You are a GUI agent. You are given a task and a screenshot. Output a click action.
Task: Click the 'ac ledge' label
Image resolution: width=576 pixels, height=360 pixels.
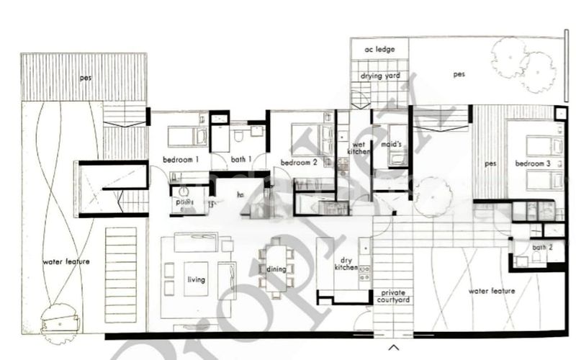(x=379, y=50)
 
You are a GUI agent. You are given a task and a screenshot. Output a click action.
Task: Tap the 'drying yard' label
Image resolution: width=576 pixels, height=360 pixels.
(x=380, y=76)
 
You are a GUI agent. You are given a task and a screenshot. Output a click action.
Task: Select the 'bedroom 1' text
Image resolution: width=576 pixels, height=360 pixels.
(x=181, y=159)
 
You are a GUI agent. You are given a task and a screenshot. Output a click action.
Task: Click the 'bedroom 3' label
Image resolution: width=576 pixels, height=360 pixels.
(x=533, y=163)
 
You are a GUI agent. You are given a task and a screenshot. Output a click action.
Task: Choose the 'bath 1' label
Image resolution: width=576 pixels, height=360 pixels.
(x=240, y=159)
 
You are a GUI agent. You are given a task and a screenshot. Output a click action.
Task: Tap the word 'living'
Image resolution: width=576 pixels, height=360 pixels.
(x=197, y=279)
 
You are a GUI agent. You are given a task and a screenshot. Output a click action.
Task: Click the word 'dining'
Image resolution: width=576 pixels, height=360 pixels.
(x=276, y=269)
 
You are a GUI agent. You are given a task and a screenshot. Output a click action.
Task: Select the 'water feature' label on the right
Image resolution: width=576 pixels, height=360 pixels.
(x=492, y=291)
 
